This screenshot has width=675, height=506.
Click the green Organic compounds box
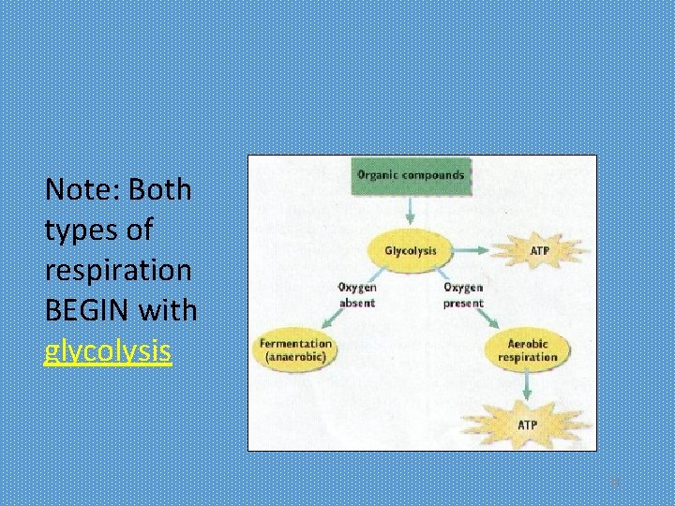(x=411, y=175)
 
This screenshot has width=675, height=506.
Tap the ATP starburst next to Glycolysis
(x=540, y=251)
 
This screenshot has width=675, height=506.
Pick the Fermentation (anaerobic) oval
(x=296, y=350)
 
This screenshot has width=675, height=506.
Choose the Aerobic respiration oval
(x=528, y=350)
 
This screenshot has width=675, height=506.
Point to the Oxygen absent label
(x=356, y=295)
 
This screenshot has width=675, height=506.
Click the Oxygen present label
(x=463, y=295)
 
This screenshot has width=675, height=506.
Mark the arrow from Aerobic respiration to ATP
(x=528, y=385)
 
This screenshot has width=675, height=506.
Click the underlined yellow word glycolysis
(x=108, y=351)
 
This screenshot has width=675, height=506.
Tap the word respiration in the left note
(x=118, y=270)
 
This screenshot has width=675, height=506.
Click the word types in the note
(x=82, y=231)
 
